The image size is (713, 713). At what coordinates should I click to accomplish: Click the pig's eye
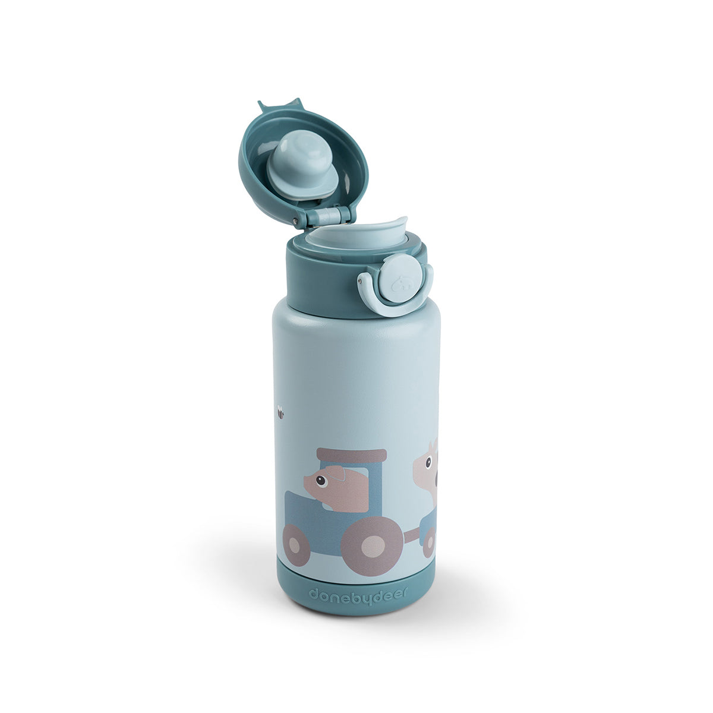coord(321,480)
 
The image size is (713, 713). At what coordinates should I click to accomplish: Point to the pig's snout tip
coord(305,481)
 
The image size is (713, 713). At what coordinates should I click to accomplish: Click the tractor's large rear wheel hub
coord(372,547)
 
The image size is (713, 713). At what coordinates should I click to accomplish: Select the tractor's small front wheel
coord(296,545)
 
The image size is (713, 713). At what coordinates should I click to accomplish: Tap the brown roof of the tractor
coord(352,455)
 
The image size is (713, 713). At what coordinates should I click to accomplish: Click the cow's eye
coord(428,462)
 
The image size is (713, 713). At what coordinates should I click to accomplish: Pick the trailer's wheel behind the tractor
coord(428,542)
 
